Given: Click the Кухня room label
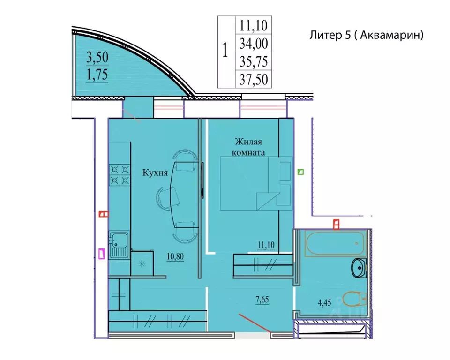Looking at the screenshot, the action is [155, 173].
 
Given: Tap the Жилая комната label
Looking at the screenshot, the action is [248, 147].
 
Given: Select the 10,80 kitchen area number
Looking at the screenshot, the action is [175, 256].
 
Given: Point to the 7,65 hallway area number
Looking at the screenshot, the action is [262, 300].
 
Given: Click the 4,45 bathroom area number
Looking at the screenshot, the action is [324, 303].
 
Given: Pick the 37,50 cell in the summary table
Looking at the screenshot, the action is [254, 79].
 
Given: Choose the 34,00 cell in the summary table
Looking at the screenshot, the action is [254, 43].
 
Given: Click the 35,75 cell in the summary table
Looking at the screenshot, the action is [254, 61].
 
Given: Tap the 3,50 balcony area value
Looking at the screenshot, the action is [97, 57].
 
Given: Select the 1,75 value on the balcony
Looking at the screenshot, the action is [97, 75].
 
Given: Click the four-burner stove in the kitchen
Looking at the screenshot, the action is [120, 175].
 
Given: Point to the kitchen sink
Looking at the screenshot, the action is [118, 245].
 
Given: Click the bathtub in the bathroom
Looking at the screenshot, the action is [335, 243].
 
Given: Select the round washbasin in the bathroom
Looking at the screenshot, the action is [359, 268].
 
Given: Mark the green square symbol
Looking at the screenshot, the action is [300, 172].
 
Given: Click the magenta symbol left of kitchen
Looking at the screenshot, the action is [102, 254].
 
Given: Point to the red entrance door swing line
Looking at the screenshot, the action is [255, 323].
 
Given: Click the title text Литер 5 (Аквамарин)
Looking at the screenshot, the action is [367, 35].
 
